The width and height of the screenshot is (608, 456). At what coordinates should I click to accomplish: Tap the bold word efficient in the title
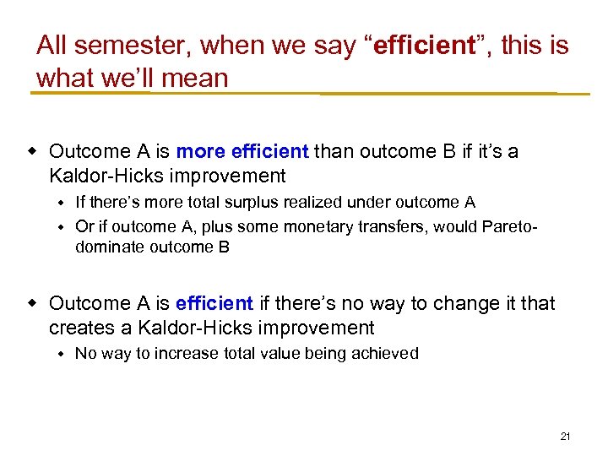424,46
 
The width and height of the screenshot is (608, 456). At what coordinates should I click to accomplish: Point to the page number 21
565,437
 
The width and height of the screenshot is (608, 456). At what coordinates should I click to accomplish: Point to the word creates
76,328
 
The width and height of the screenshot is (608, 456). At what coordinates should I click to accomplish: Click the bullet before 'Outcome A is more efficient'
34,151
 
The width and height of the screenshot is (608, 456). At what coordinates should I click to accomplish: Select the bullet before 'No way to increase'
62,353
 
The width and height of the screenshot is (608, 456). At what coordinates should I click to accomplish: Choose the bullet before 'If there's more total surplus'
62,202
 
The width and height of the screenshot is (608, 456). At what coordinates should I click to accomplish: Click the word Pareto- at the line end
508,226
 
